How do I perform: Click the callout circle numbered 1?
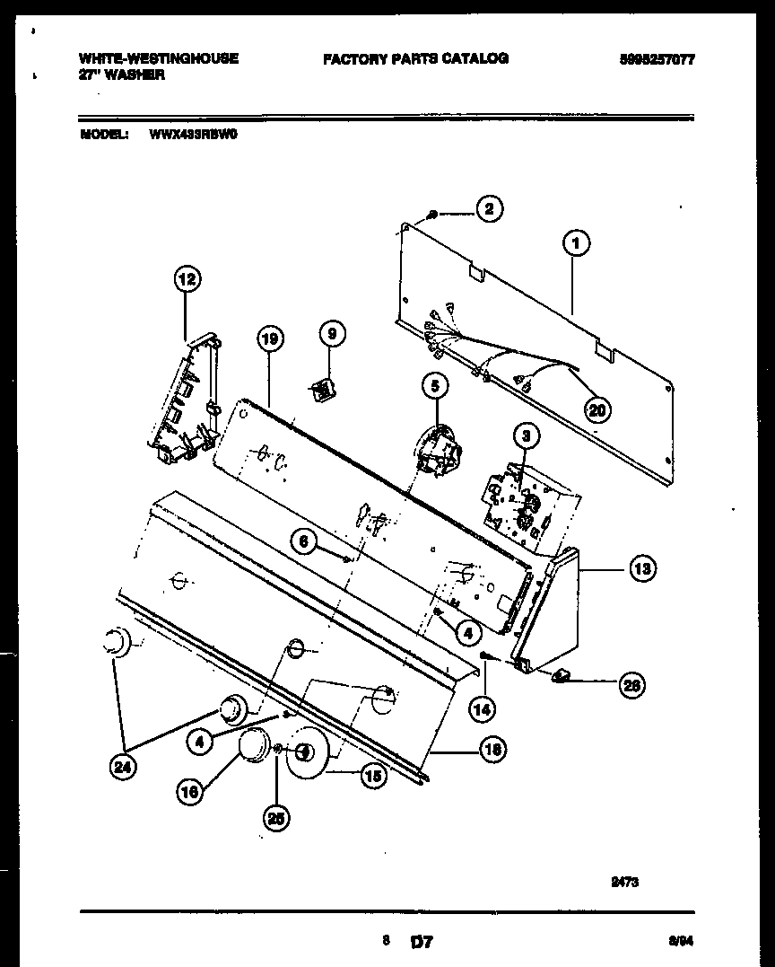(575, 242)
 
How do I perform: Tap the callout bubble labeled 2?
(489, 209)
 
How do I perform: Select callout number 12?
(186, 279)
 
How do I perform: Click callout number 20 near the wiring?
(596, 409)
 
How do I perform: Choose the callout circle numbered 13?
(642, 567)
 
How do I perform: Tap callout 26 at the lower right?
(631, 685)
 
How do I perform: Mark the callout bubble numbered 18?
(492, 750)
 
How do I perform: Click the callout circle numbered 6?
(304, 541)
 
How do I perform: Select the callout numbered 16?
(190, 792)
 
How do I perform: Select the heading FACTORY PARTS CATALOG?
(415, 58)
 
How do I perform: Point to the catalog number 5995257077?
(657, 59)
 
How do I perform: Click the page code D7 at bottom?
(422, 942)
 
